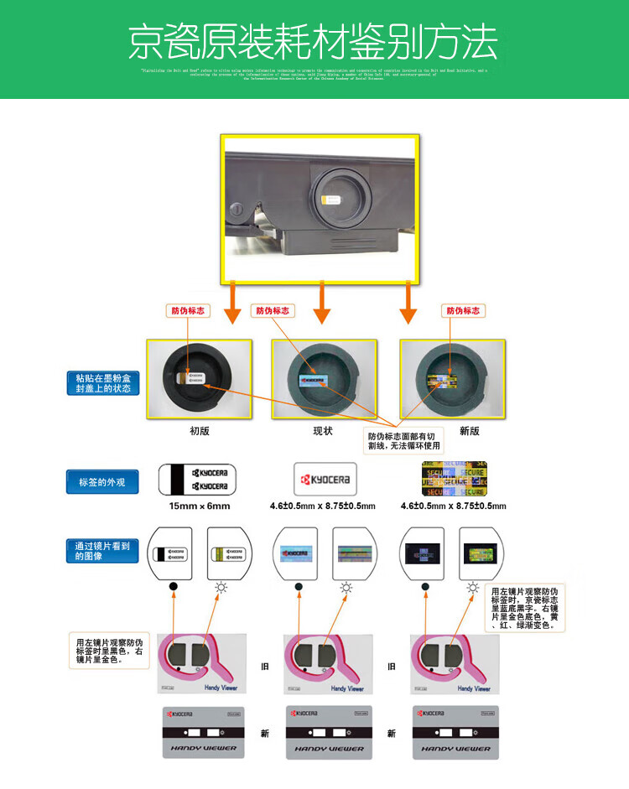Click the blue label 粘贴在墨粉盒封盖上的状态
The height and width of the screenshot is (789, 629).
tap(103, 383)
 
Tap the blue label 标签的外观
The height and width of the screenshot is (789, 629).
tap(102, 481)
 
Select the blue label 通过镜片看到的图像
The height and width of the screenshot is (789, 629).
tap(102, 550)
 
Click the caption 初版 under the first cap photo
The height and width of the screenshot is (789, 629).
tap(199, 431)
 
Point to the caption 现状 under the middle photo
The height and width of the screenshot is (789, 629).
tap(323, 431)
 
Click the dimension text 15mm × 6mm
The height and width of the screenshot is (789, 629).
tap(199, 506)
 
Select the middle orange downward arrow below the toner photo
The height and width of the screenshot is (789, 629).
tap(322, 304)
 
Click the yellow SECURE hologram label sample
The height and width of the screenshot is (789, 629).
tap(454, 478)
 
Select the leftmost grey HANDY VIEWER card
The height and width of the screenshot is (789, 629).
tap(200, 733)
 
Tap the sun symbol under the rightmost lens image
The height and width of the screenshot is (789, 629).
tap(475, 587)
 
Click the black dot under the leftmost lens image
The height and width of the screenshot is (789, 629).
tap(173, 587)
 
